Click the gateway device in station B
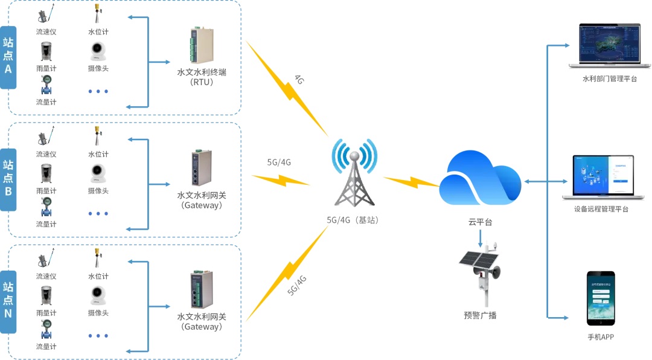click(200, 168)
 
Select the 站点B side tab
click(8, 179)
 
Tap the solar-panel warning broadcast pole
click(481, 272)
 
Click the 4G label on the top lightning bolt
click(299, 80)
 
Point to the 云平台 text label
click(481, 222)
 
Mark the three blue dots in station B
click(98, 213)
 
